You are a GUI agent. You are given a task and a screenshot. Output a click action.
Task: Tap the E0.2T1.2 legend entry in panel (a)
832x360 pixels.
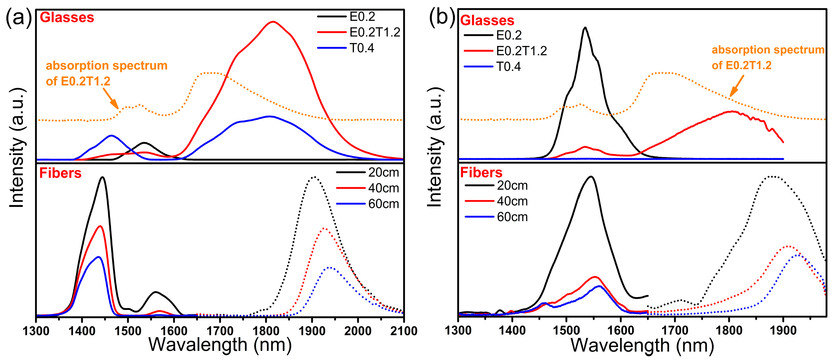pos(359,32)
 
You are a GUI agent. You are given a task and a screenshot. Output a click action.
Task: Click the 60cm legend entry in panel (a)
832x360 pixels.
pos(368,204)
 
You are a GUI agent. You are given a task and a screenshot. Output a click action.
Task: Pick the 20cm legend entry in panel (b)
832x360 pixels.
pos(496,186)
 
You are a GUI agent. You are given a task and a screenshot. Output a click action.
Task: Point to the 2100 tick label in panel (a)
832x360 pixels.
pos(403,331)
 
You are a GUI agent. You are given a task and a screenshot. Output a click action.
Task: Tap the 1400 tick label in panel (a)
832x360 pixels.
pos(82,331)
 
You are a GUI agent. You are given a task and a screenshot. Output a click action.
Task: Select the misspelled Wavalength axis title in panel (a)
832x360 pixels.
pos(220,345)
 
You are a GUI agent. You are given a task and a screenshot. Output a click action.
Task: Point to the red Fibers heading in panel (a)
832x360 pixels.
pos(60,173)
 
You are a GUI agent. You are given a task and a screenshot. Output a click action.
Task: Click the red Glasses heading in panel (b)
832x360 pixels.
pos(487,20)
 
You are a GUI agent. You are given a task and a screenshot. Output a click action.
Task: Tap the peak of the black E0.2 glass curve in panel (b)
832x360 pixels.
pos(585,28)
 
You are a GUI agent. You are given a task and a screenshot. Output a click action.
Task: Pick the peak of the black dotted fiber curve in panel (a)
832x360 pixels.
pos(313,177)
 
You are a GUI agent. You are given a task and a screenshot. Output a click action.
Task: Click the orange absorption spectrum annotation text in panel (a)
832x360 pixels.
pos(107,73)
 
